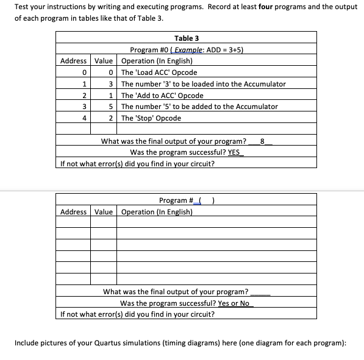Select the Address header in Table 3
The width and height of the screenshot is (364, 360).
(73, 61)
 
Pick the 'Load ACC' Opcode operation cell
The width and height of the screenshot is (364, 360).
(159, 72)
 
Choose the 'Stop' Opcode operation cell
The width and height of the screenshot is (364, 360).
(151, 118)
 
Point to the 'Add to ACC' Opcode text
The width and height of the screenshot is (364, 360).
(162, 96)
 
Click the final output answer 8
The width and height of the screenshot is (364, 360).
(262, 141)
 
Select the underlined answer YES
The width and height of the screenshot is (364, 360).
(235, 152)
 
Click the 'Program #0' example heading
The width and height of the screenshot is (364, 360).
(187, 50)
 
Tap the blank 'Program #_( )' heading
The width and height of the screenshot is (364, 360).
(187, 200)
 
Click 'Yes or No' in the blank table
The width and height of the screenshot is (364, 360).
(234, 303)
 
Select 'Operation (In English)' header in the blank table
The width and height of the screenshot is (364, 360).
(157, 212)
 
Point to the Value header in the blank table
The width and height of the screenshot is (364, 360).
(104, 212)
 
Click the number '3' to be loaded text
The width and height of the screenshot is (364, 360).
(203, 84)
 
